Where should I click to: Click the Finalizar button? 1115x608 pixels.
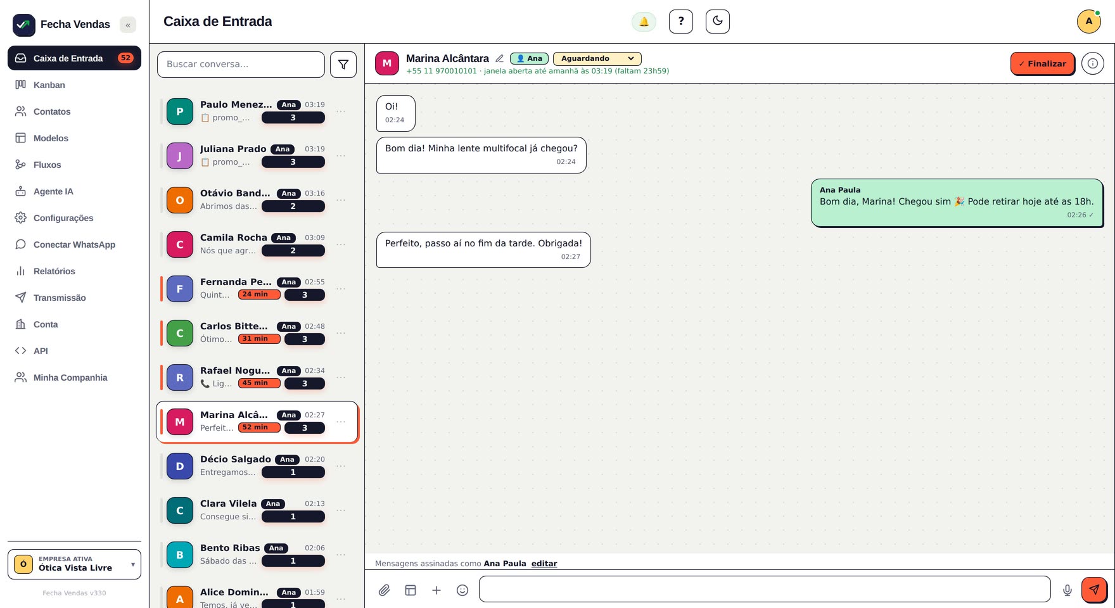coord(1042,63)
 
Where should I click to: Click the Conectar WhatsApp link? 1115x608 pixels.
coord(74,244)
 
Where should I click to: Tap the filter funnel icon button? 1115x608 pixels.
coord(343,65)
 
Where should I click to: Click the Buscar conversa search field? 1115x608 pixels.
coord(241,65)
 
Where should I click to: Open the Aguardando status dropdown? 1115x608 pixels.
coord(597,58)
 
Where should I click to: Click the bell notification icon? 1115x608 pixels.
coord(644,22)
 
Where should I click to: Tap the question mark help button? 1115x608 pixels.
coord(681,22)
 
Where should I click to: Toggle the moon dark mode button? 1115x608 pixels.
coord(718,22)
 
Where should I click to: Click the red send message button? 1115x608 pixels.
coord(1094,590)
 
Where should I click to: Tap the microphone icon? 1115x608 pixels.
coord(1067,590)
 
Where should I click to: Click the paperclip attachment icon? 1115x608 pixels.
coord(384,590)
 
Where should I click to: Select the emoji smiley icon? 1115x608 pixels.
coord(462,590)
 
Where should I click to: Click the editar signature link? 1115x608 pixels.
coord(544,564)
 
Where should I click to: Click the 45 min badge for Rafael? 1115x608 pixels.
coord(259,383)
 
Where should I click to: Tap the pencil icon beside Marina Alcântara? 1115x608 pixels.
coord(499,58)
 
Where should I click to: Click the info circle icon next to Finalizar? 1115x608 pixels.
coord(1093,63)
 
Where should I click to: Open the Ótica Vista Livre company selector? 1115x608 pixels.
coord(74,564)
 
